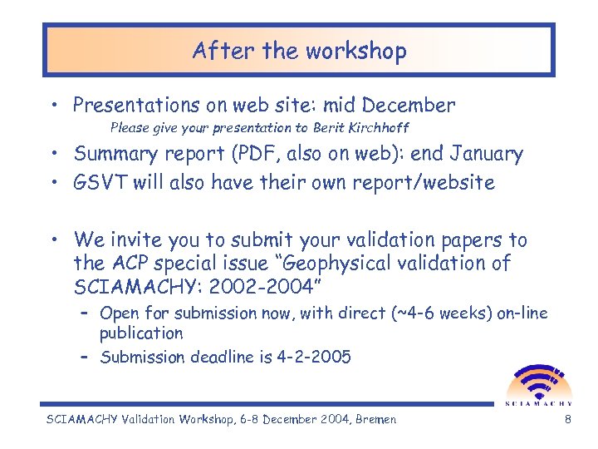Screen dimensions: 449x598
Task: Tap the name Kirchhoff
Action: pyautogui.click(x=379, y=128)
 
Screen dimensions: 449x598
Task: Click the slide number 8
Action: pyautogui.click(x=567, y=419)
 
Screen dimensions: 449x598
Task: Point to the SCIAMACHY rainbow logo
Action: pyautogui.click(x=538, y=382)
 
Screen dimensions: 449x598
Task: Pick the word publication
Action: pyautogui.click(x=141, y=333)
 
